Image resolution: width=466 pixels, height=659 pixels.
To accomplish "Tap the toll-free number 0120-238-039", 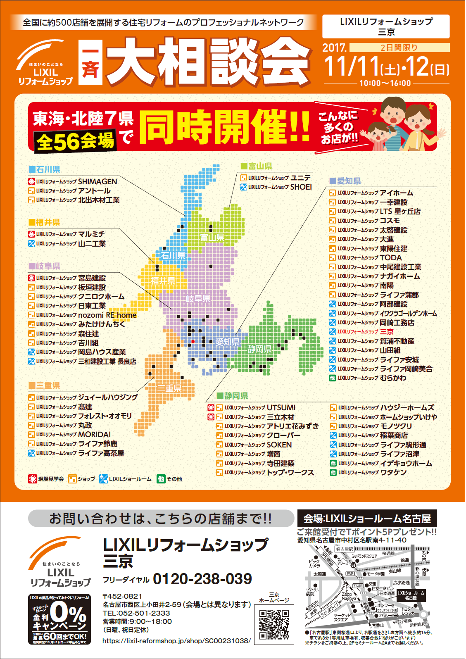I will pos(202,579).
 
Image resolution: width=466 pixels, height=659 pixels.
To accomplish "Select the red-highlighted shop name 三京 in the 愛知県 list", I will pos(387,332).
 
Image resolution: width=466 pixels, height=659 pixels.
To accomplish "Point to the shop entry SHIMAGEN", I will pos(97,181).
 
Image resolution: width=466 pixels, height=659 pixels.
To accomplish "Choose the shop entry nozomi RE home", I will pos(107,315).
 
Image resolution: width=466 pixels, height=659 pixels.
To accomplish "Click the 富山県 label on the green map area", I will pos(212,238).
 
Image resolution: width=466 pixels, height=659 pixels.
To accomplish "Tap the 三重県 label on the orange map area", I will pos(169,388).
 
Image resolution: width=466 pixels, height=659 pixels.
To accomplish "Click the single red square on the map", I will pos(193,342).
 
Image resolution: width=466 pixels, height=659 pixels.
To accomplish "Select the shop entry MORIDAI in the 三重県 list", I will pos(94,435).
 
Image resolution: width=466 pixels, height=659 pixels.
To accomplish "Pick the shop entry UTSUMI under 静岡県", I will pos(281,408).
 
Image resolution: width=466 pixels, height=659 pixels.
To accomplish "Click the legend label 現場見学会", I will pos(51,479).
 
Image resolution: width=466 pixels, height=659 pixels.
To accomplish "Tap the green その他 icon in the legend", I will pos(161,479).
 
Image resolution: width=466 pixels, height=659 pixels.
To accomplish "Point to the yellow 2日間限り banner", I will pos(399,48).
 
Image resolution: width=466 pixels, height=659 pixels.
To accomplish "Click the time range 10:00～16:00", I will pos(385,83).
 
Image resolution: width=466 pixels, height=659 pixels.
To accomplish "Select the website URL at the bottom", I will pos(176,641).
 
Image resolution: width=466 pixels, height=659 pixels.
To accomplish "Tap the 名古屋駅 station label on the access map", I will pos(345,549).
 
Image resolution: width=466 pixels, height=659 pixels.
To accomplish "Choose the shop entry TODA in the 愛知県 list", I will pos(390,258).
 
